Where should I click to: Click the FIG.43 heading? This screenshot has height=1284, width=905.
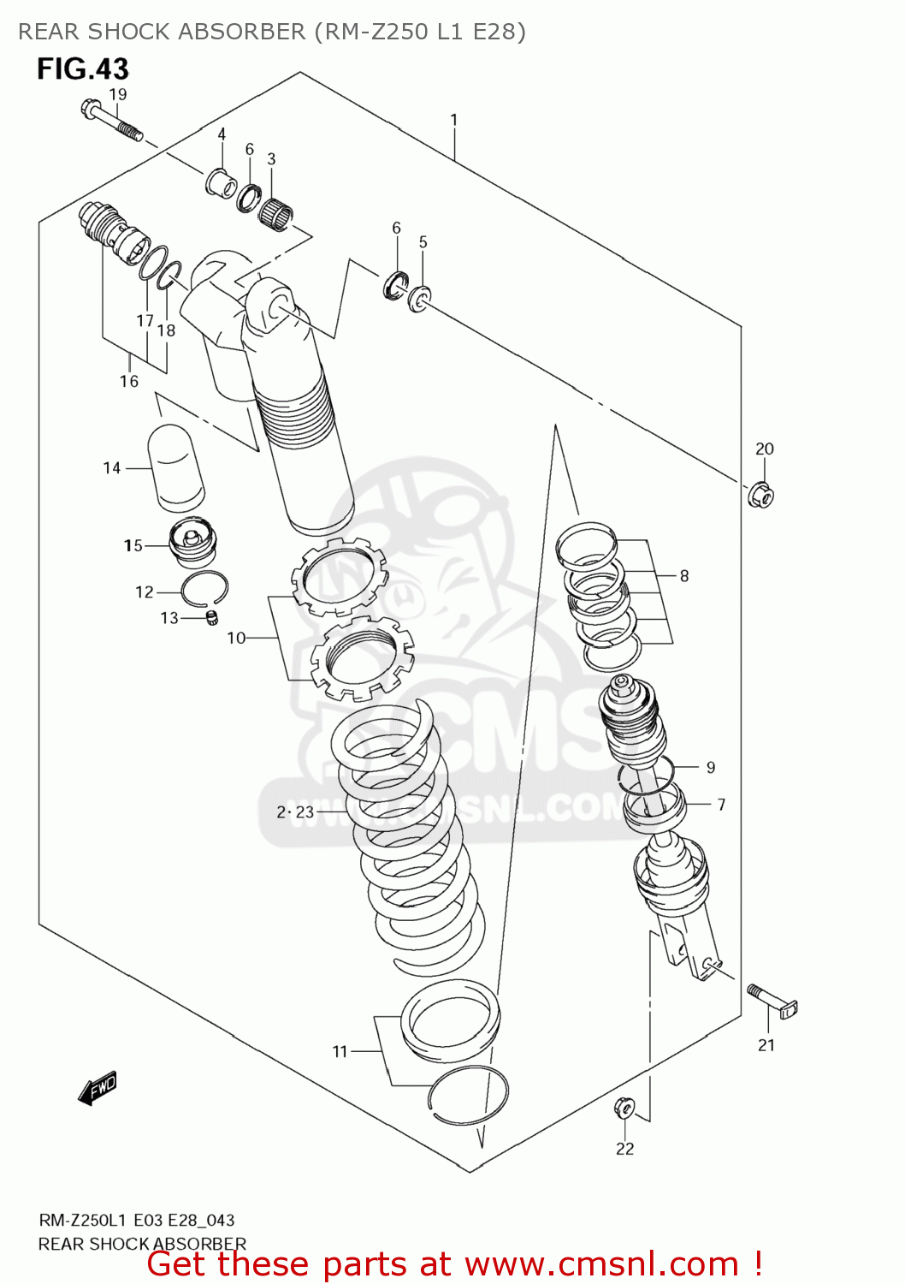pos(82,68)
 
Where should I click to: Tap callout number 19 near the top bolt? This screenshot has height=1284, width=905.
pos(118,94)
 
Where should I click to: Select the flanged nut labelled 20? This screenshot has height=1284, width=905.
pos(760,495)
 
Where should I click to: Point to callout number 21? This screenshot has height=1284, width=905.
pos(766,1044)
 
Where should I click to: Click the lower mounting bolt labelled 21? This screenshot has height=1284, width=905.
pos(772,1002)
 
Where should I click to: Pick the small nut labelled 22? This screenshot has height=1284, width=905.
pos(624,1109)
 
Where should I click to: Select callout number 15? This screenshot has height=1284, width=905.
pos(133,545)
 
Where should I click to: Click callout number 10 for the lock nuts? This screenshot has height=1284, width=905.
pos(235,638)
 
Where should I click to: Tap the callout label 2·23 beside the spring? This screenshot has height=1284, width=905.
pos(295,811)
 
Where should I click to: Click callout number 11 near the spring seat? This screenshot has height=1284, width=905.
pos(340,1051)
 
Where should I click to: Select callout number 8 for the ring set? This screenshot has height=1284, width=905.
pos(683,576)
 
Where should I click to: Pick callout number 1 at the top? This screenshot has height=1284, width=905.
pos(453,120)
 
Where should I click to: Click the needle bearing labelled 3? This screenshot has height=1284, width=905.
pos(275,211)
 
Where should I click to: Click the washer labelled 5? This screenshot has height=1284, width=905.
pos(419,299)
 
